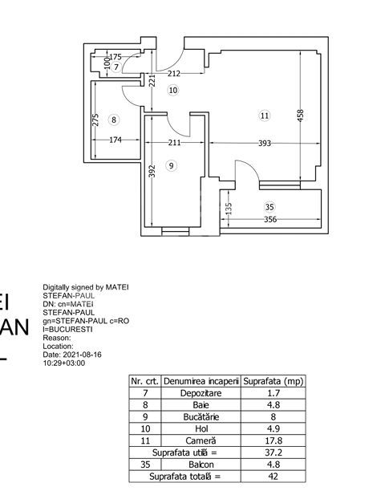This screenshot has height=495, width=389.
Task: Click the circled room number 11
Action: [x=265, y=116]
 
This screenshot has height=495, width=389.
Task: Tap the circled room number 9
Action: [x=170, y=165]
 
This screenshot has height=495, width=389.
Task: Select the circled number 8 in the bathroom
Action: [x=114, y=120]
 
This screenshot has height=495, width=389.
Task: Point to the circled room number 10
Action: [x=173, y=90]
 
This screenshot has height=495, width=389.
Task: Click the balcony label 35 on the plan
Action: [x=269, y=206]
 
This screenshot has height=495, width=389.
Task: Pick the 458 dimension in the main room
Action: [x=301, y=116]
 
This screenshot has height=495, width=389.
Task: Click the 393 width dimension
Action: [x=265, y=144]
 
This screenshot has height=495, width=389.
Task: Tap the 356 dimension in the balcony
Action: [x=270, y=220]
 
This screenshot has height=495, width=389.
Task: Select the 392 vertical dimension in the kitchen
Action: [x=152, y=172]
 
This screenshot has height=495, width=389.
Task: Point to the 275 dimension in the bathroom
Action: [x=96, y=120]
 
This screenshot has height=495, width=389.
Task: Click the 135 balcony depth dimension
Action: [x=229, y=209]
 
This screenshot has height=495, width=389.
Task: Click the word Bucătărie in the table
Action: [x=201, y=417]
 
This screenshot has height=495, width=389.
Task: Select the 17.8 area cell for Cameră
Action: [x=273, y=440]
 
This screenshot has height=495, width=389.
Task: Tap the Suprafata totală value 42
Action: [x=273, y=477]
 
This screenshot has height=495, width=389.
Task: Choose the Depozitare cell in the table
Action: [x=201, y=393]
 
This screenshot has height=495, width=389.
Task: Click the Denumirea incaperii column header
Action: [x=201, y=381]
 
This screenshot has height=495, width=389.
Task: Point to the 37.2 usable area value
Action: [x=273, y=452]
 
